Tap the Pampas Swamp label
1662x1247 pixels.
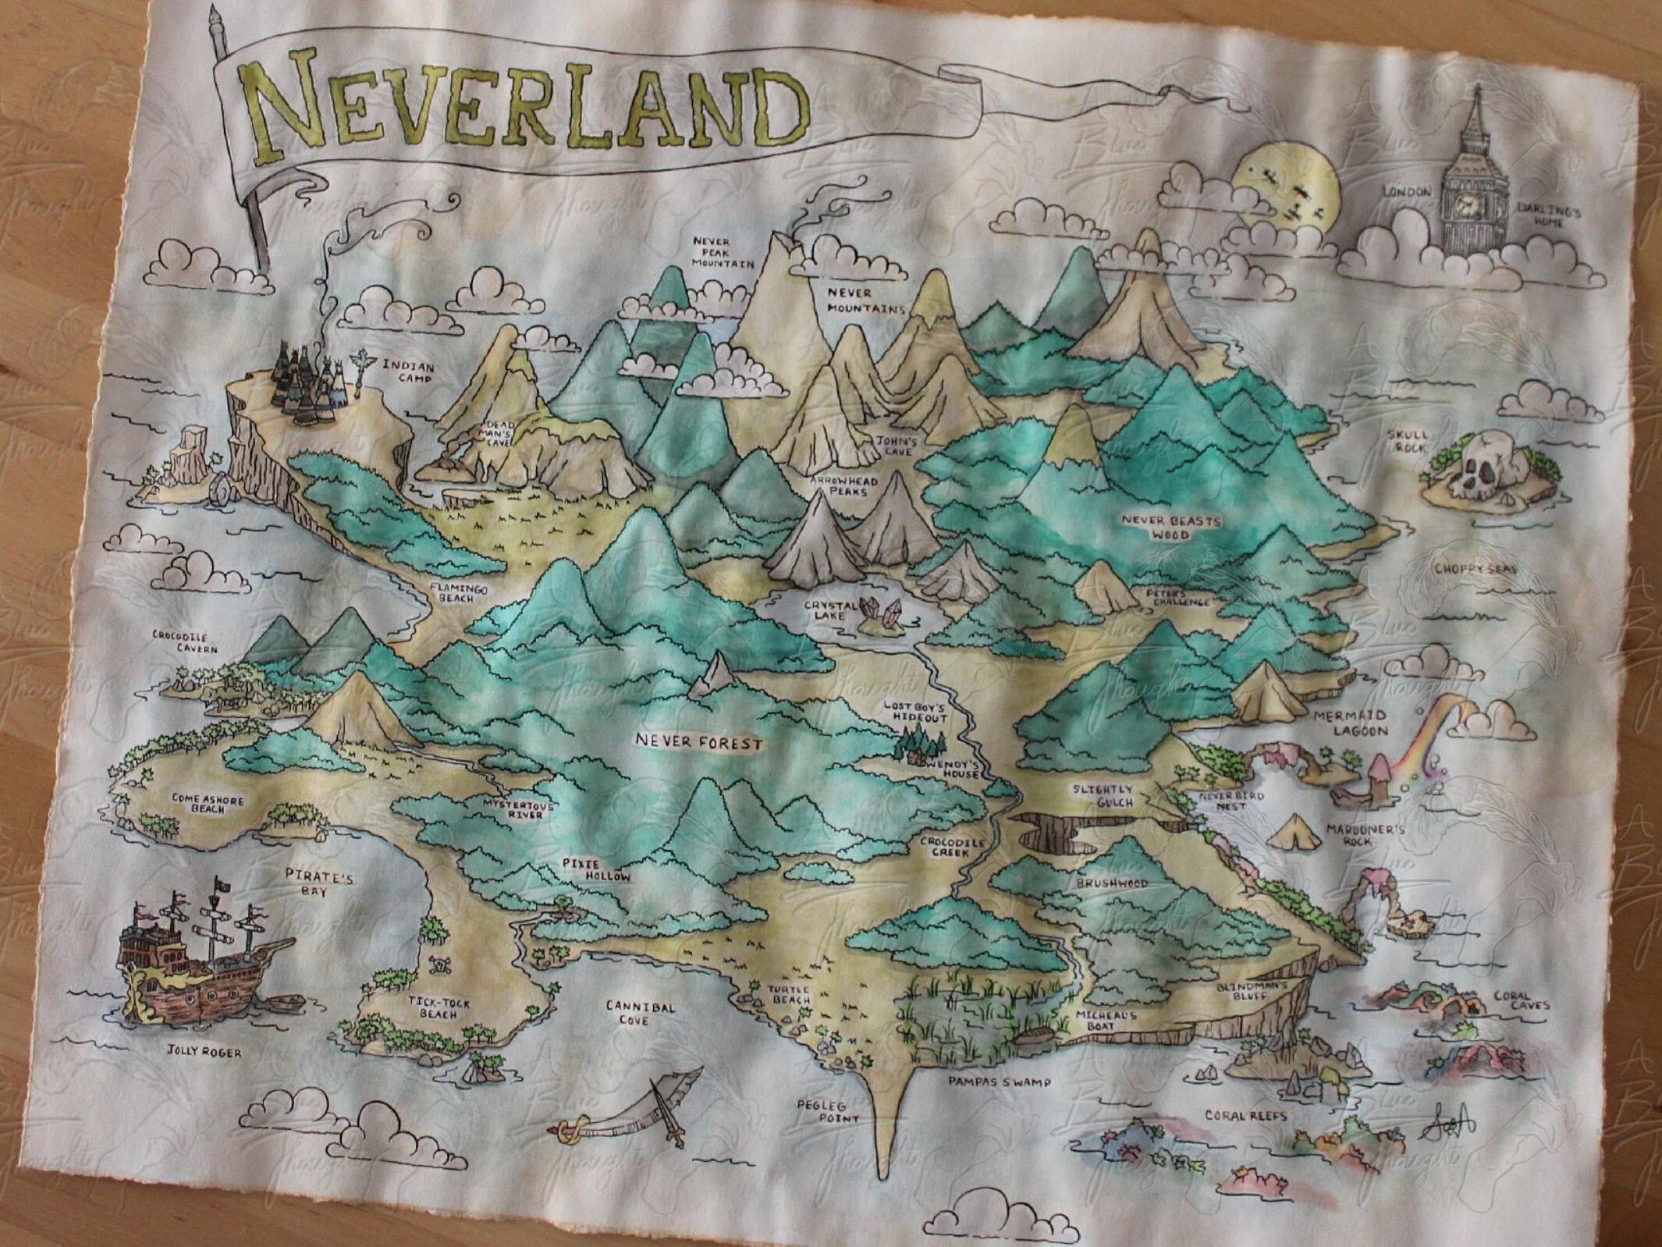click(x=999, y=1082)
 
